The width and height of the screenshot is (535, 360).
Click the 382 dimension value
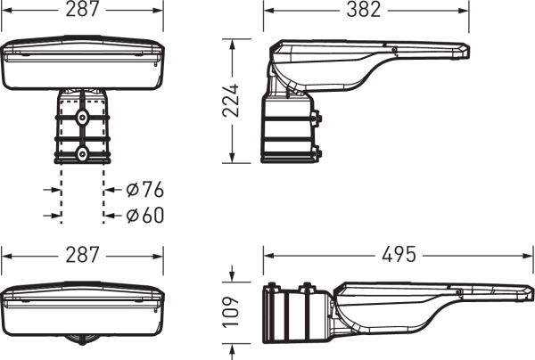[364, 10]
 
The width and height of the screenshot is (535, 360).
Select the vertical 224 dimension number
[231, 101]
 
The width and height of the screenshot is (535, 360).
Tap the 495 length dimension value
[399, 254]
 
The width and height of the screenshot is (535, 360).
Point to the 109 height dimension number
[231, 312]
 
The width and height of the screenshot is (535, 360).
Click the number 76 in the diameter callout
[153, 190]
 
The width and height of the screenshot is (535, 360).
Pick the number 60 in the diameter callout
[153, 215]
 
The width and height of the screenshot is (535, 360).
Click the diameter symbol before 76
[132, 190]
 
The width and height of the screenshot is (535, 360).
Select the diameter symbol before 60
[132, 216]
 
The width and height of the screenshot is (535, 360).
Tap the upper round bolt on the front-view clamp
[82, 118]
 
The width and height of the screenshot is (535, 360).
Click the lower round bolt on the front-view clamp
[82, 154]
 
